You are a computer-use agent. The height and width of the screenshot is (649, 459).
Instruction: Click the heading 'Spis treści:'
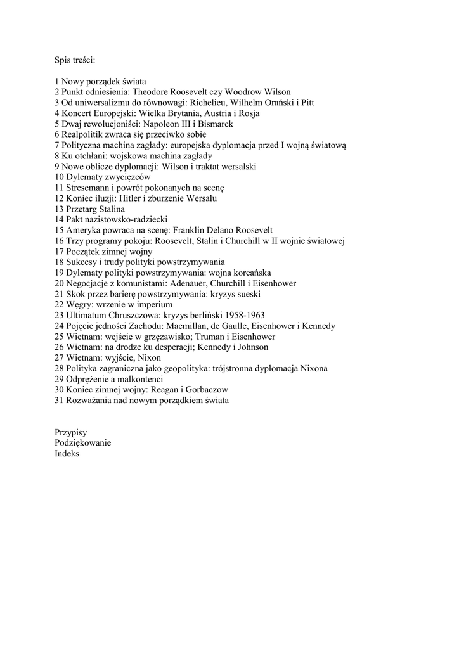[75, 60]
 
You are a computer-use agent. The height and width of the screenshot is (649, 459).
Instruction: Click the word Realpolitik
[84, 135]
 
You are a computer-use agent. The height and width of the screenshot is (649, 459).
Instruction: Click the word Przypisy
[71, 432]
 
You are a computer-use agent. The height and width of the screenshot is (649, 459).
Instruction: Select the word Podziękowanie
[82, 443]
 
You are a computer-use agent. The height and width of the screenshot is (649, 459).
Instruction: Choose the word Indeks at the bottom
[67, 454]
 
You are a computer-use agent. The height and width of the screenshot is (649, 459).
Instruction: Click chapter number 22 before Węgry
[60, 305]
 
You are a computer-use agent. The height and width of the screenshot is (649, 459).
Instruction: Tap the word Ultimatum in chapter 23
[87, 316]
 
